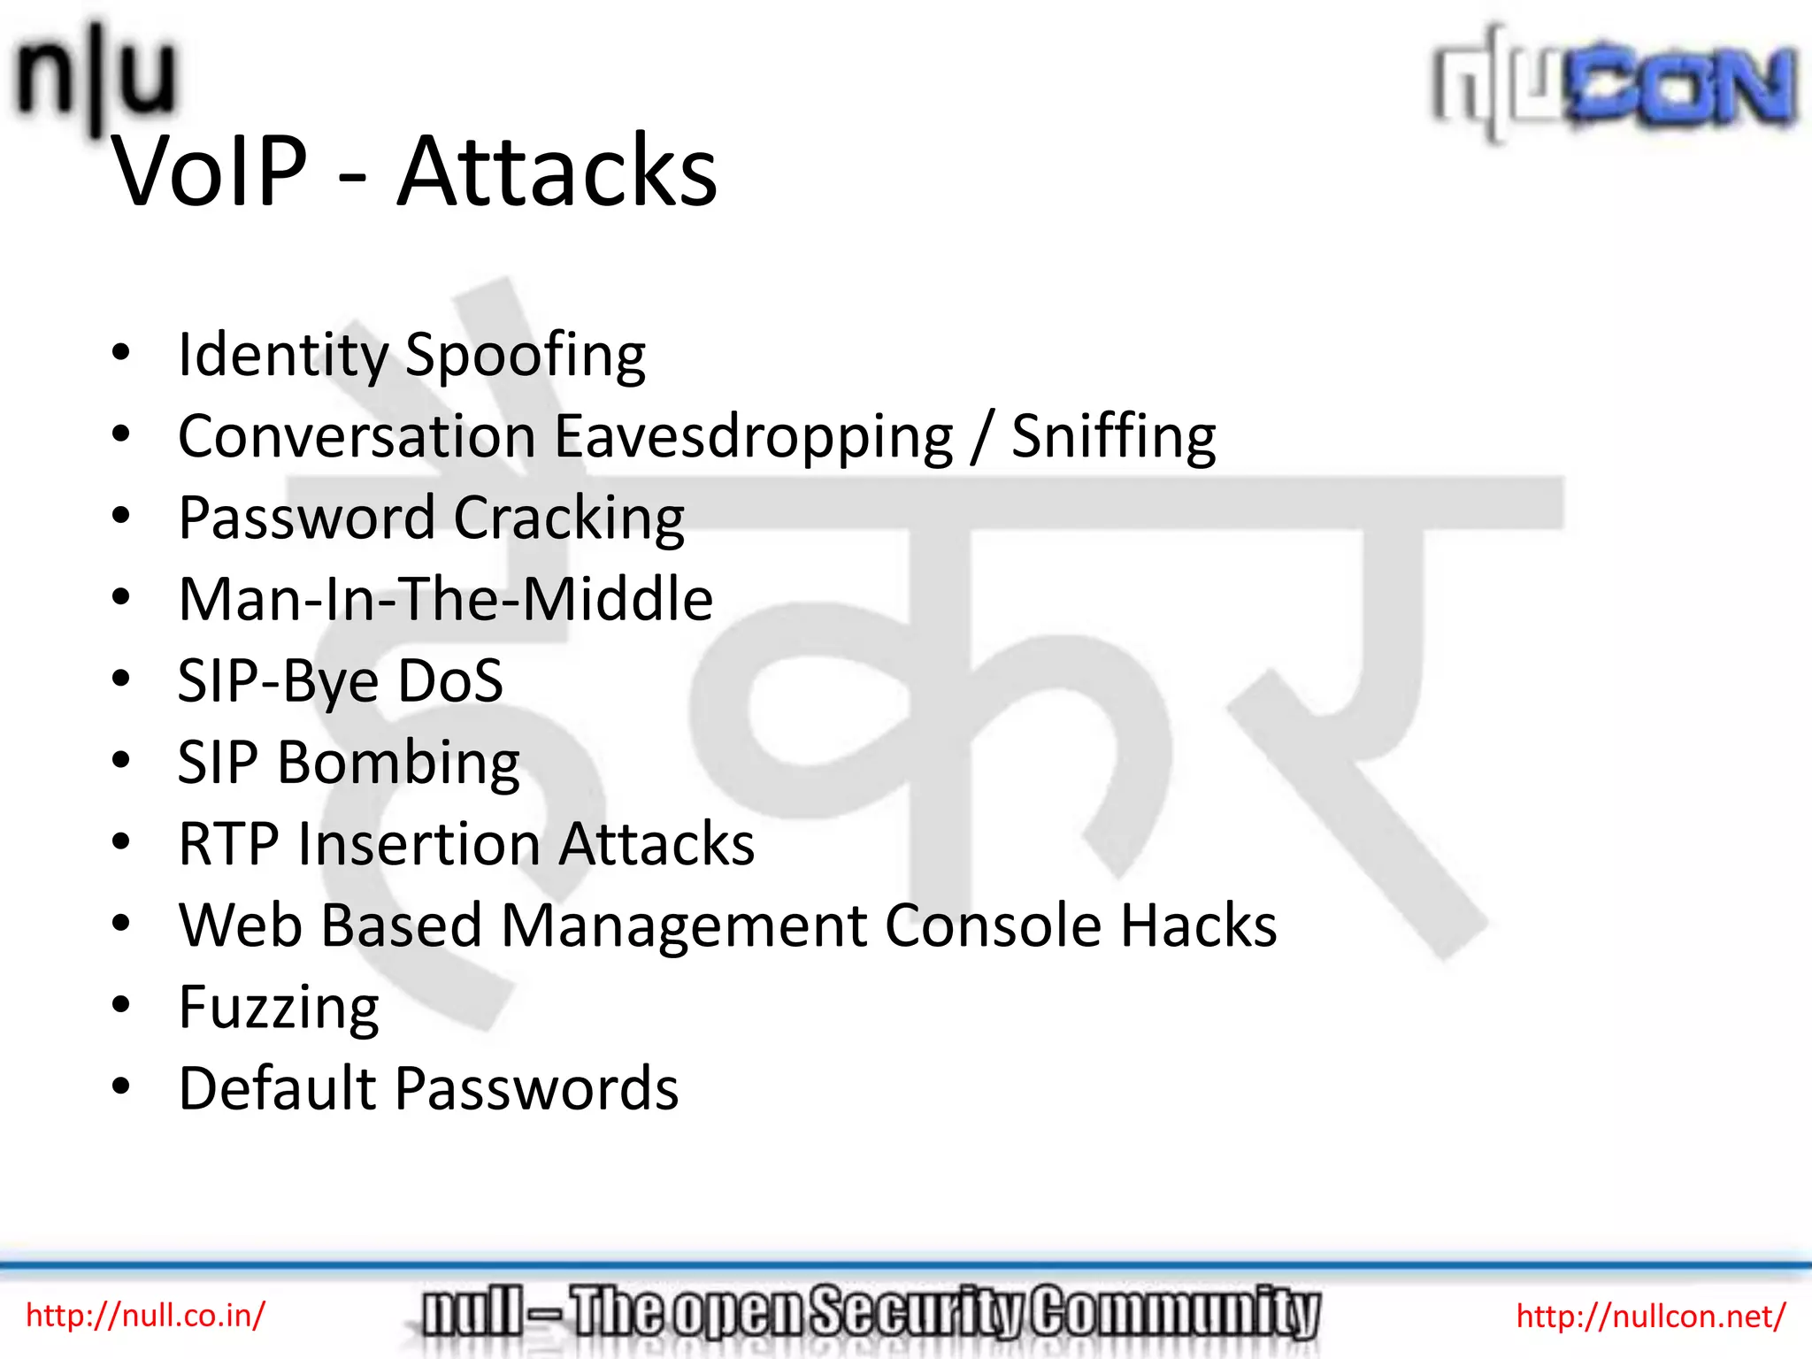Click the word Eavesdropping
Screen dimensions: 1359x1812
pyautogui.click(x=754, y=437)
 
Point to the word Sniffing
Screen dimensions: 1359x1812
pyautogui.click(x=1113, y=437)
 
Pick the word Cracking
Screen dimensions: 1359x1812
pyautogui.click(x=569, y=518)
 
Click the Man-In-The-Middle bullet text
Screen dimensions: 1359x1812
pyautogui.click(x=445, y=600)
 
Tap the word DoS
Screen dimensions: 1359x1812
pyautogui.click(x=449, y=681)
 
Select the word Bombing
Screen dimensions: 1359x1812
pyautogui.click(x=398, y=763)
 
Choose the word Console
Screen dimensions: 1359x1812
pyautogui.click(x=994, y=925)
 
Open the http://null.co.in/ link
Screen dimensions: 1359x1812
pyautogui.click(x=145, y=1316)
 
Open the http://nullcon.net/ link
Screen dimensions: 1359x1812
pyautogui.click(x=1651, y=1316)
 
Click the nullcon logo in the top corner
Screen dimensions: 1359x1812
pyautogui.click(x=1615, y=84)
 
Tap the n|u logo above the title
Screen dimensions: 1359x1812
pyautogui.click(x=96, y=75)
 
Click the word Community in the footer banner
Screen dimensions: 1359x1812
pyautogui.click(x=1176, y=1313)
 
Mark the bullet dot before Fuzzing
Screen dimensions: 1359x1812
pyautogui.click(x=121, y=1004)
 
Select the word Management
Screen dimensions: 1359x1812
pyautogui.click(x=684, y=925)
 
